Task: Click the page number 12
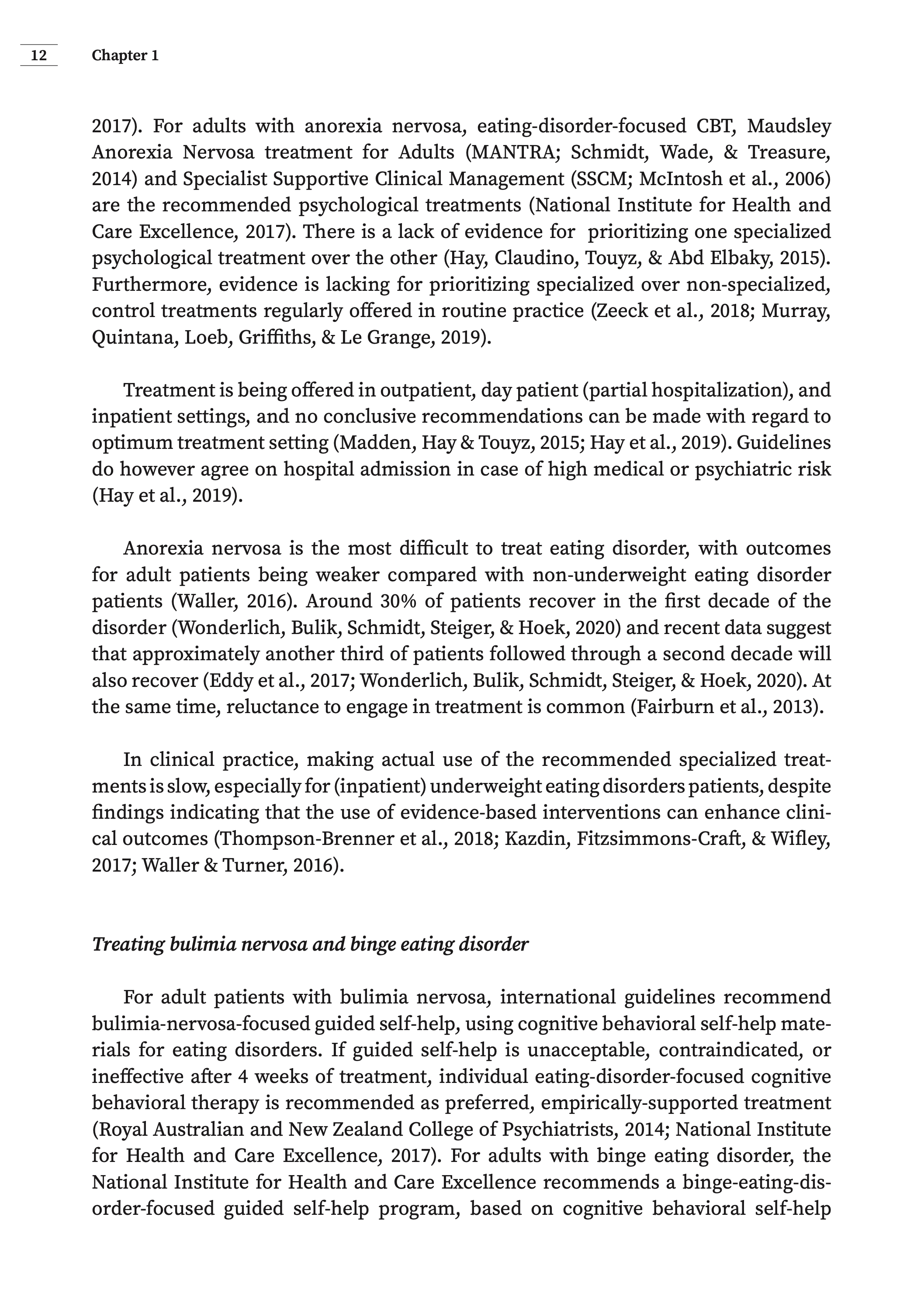click(x=39, y=55)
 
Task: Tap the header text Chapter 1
click(x=125, y=55)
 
